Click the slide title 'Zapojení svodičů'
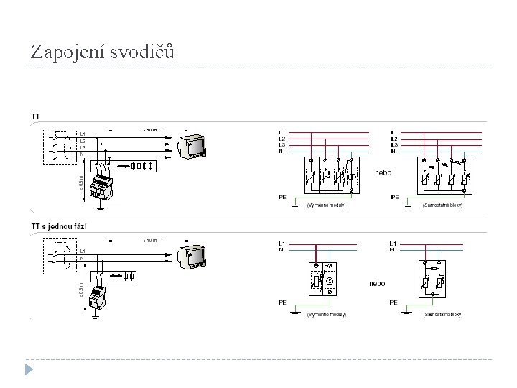(103, 52)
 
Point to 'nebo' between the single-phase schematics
(377, 283)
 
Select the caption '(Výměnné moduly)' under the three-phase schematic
(327, 205)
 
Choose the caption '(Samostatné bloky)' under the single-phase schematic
(443, 315)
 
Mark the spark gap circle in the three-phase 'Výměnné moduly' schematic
(351, 176)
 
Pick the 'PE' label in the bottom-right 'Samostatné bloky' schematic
(393, 302)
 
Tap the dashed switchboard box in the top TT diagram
(57, 147)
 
